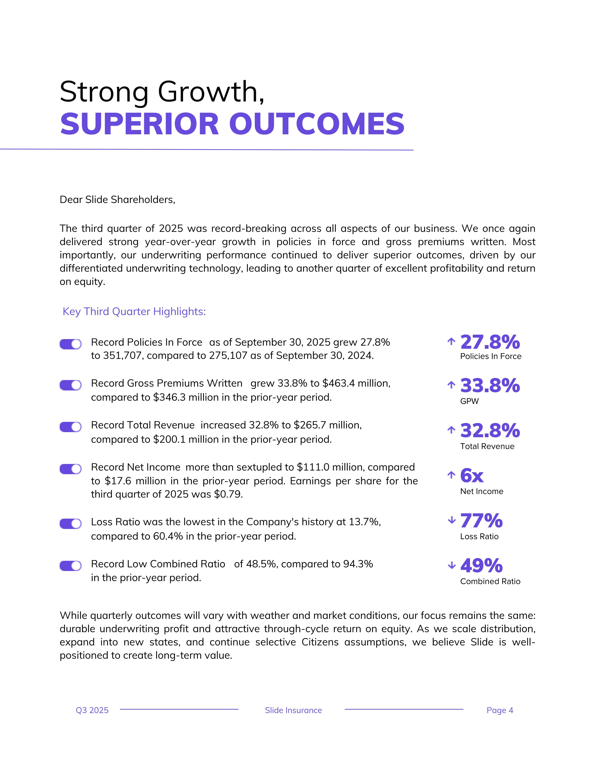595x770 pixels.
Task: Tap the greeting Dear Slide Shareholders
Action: [x=117, y=200]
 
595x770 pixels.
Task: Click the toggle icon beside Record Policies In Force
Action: [x=70, y=344]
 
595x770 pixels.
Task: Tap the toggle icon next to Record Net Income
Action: [x=70, y=469]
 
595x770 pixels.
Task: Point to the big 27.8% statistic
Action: [x=490, y=342]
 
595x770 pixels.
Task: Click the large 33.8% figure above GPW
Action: [x=490, y=385]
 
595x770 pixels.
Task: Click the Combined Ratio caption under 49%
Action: [x=490, y=581]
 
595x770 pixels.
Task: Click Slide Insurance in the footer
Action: [x=293, y=710]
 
